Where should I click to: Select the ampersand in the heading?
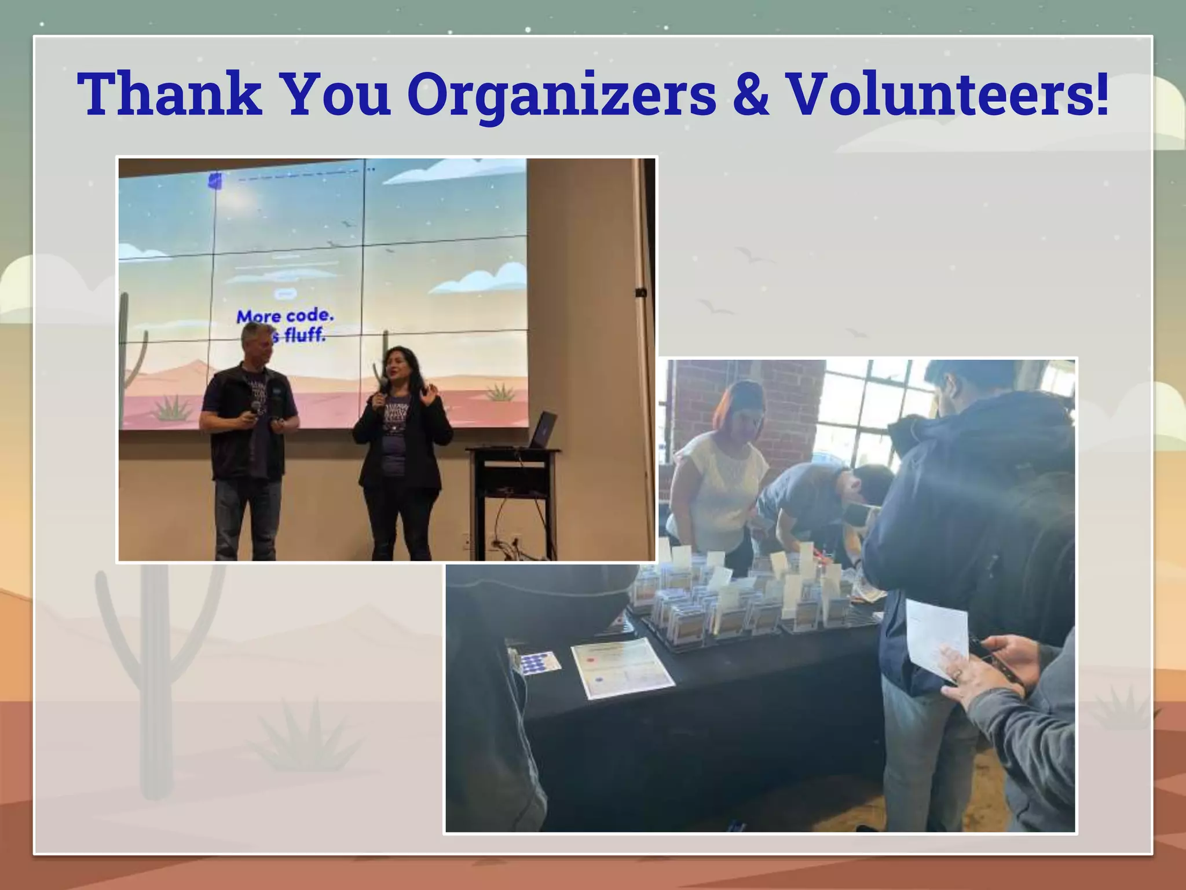(751, 94)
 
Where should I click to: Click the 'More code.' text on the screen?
(285, 316)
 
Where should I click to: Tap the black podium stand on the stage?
(513, 493)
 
